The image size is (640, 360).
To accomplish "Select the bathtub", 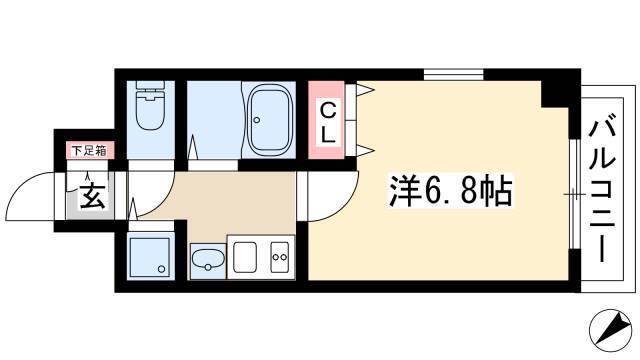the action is [268, 120].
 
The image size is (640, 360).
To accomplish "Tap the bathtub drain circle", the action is [256, 120].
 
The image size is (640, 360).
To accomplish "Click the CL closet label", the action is [327, 122].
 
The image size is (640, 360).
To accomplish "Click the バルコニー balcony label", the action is [602, 191].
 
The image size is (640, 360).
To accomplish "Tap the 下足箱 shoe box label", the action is [89, 151].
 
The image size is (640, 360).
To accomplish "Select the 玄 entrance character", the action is [92, 196].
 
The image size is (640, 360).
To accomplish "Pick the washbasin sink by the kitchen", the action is [208, 260].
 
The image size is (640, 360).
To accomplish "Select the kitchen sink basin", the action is [245, 257].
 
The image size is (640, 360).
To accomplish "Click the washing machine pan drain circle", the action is [162, 269].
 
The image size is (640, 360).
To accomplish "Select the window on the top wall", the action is [453, 75].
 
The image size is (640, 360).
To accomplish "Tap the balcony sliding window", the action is [575, 194].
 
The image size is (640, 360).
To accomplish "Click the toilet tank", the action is [151, 86].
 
